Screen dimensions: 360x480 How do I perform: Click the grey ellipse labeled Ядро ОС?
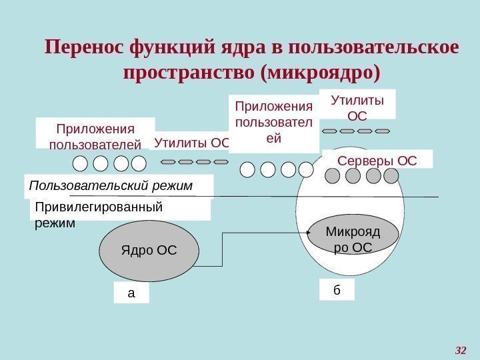(x=149, y=251)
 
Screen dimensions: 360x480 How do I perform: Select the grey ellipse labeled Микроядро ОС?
(x=353, y=239)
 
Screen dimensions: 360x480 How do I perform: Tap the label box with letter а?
(x=131, y=293)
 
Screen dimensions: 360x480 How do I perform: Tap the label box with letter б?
(x=337, y=290)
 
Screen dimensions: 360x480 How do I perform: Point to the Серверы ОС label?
(x=377, y=160)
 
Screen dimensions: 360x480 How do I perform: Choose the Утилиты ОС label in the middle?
(x=191, y=142)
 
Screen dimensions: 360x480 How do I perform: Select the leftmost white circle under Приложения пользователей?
(x=81, y=163)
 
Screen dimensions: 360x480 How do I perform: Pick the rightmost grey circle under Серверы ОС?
(x=391, y=175)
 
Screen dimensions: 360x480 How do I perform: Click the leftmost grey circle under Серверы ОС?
(x=332, y=175)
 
